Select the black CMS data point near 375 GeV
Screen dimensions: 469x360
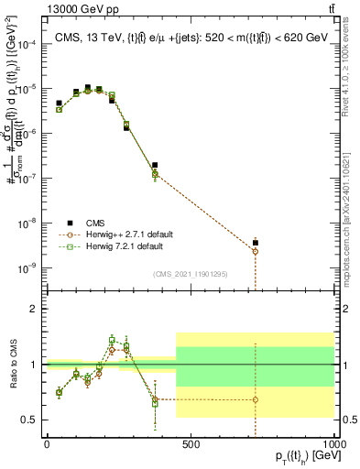[x=155, y=165]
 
